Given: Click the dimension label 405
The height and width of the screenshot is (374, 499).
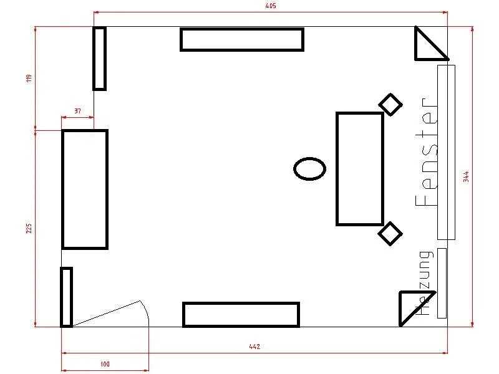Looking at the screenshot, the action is click(x=271, y=6).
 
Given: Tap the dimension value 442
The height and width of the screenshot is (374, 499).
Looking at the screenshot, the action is click(x=254, y=347).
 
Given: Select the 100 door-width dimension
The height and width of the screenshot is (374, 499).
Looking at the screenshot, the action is click(x=105, y=364).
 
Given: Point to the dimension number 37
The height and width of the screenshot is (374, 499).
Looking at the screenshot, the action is click(x=77, y=111).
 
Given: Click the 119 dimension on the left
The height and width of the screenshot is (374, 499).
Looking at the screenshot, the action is click(x=29, y=79).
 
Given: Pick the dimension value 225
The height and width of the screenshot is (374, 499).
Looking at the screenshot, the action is click(x=29, y=228).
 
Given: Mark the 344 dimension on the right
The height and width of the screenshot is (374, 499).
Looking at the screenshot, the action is click(x=466, y=176).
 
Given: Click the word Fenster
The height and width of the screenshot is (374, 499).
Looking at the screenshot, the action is click(x=427, y=152).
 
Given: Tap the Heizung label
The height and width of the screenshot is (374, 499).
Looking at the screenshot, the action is click(x=425, y=283).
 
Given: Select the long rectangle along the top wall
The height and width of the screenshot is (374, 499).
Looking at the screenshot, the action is click(x=242, y=29).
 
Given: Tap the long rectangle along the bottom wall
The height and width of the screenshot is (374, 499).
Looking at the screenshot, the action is click(x=241, y=304).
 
